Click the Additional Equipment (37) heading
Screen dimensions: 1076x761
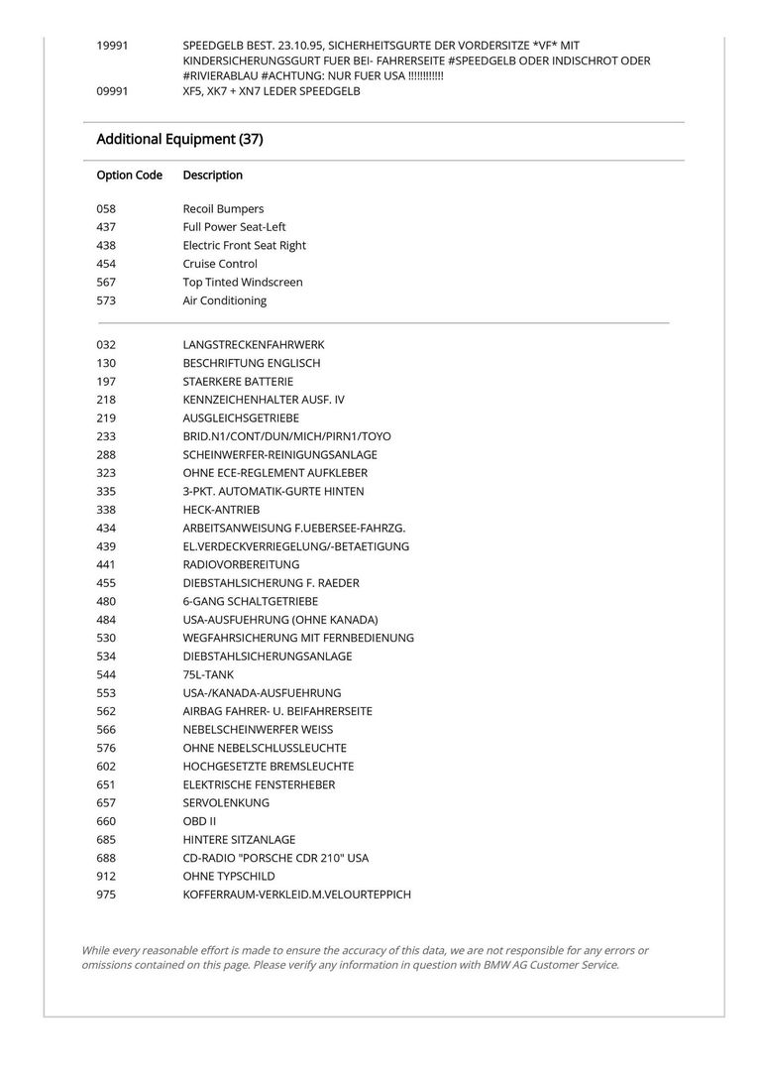pyautogui.click(x=179, y=140)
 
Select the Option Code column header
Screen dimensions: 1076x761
pyautogui.click(x=129, y=176)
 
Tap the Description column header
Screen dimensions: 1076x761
pyautogui.click(x=212, y=176)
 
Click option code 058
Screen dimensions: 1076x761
pyautogui.click(x=107, y=209)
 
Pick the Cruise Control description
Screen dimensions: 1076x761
pyautogui.click(x=220, y=264)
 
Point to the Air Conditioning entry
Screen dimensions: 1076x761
pyautogui.click(x=224, y=300)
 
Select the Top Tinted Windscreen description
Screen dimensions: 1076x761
pyautogui.click(x=243, y=283)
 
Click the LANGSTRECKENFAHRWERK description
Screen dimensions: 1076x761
pyautogui.click(x=254, y=345)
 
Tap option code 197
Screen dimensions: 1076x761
pyautogui.click(x=107, y=382)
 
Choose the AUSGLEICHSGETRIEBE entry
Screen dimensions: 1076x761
pyautogui.click(x=241, y=418)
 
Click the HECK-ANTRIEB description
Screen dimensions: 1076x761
pyautogui.click(x=221, y=510)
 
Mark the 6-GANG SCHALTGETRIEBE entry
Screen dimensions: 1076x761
pyautogui.click(x=251, y=602)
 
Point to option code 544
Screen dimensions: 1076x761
pyautogui.click(x=107, y=675)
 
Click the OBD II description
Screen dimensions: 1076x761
pyautogui.click(x=199, y=822)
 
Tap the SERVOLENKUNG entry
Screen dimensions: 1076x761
pyautogui.click(x=226, y=803)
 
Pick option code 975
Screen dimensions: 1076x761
pyautogui.click(x=107, y=896)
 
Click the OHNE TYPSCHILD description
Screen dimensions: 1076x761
pyautogui.click(x=229, y=877)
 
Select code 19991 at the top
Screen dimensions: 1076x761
pyautogui.click(x=112, y=46)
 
